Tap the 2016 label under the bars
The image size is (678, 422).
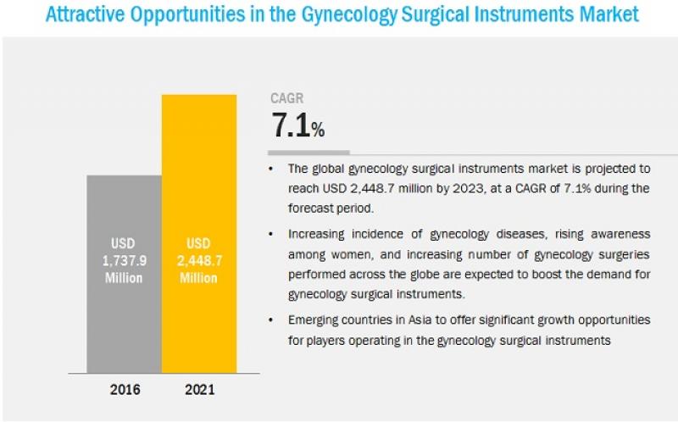pos(125,390)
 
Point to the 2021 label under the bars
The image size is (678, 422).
pos(199,390)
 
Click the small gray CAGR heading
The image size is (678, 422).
pos(287,98)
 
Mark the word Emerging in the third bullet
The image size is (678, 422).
pos(317,319)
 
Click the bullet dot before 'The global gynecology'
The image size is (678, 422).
pos(271,169)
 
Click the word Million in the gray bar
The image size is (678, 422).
pos(125,279)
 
